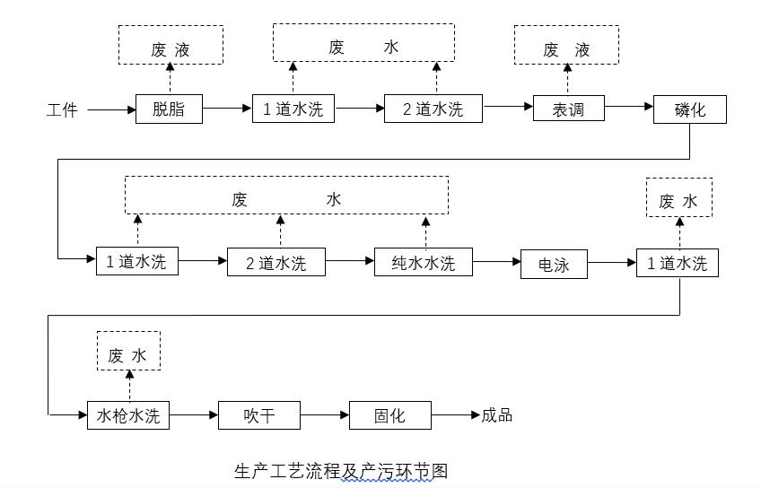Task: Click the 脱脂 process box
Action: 169,109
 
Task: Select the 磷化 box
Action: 689,109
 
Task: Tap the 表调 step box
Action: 569,109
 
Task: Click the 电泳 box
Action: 554,265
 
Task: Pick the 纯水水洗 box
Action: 424,262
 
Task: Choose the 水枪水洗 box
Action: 128,415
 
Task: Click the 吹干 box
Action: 258,415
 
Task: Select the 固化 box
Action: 389,415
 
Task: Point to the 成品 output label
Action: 497,415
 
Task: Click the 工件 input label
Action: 62,110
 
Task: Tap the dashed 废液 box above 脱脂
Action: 171,49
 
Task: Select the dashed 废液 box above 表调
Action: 566,49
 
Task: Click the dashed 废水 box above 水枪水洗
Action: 127,355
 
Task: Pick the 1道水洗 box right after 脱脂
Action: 293,109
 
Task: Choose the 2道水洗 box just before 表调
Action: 433,109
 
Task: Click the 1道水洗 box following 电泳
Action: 677,263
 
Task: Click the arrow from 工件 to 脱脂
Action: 111,109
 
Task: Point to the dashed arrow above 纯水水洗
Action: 425,231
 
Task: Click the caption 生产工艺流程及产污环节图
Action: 340,470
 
